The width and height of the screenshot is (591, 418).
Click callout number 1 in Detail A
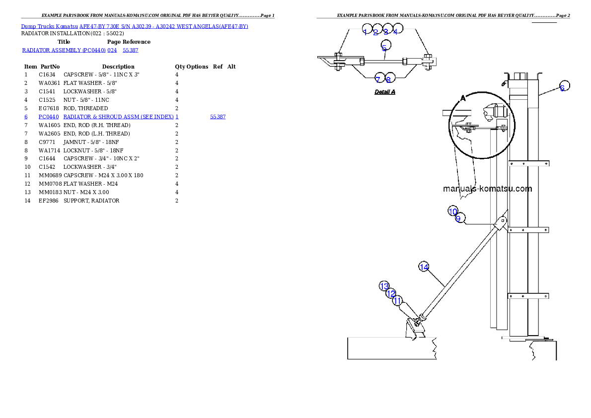coord(366,32)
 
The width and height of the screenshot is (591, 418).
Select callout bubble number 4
coord(396,31)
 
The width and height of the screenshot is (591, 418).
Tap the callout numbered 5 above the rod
coord(384,48)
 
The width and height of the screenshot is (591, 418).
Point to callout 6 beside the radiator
coord(562,88)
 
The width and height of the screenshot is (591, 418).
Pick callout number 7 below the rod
coord(378,79)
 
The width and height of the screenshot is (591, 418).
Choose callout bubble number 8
coord(389,79)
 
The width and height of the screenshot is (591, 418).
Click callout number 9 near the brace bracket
coord(459,218)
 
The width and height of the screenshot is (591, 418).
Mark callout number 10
coord(452,211)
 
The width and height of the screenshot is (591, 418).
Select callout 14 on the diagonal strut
coord(424,267)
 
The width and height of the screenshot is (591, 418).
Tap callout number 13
coord(384,286)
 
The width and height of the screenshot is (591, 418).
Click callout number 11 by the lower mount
coord(397,300)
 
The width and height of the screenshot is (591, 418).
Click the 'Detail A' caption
coord(385,92)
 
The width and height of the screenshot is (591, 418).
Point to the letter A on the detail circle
coord(463,98)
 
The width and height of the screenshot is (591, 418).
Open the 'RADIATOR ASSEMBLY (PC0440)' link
coord(64,50)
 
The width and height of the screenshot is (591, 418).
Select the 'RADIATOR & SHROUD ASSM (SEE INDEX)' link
coord(119,117)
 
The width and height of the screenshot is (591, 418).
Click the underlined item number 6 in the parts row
coord(26,117)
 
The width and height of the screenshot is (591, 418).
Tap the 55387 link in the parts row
coord(218,117)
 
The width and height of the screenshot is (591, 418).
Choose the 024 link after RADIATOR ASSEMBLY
coord(112,50)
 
